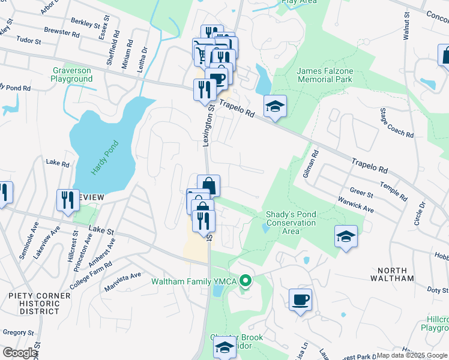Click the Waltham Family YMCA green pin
click(245, 281)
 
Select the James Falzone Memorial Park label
click(325, 75)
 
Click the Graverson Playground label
click(71, 74)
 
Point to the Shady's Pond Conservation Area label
click(291, 223)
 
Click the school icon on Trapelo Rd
click(275, 106)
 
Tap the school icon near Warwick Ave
click(346, 236)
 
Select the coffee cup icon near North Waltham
click(300, 299)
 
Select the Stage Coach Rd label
click(396, 123)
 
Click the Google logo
click(19, 353)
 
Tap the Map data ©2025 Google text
click(412, 355)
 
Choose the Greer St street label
click(361, 194)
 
